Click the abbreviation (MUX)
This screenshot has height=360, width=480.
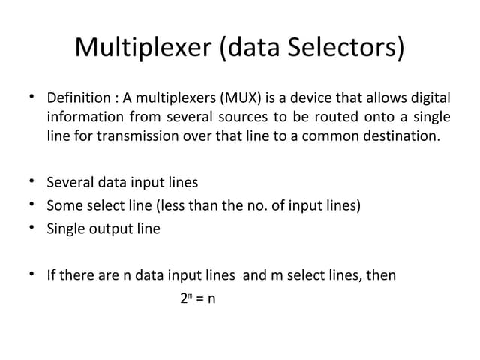238,98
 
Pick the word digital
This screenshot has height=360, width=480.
429,98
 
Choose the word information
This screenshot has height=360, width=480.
84,118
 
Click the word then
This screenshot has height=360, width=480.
381,275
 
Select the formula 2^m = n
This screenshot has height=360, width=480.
198,298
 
